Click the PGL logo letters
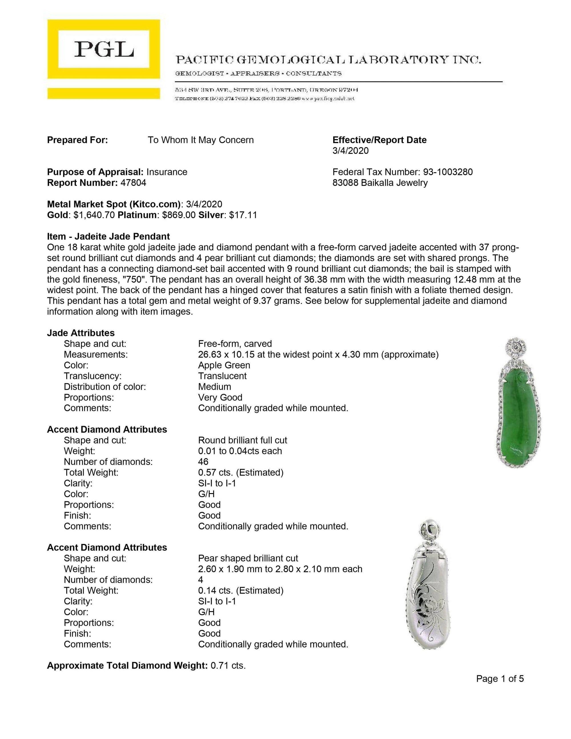click(104, 49)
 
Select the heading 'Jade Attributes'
click(81, 333)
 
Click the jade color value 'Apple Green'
click(224, 365)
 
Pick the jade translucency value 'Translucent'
click(222, 376)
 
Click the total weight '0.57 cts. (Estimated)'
click(240, 472)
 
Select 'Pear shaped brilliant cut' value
click(248, 558)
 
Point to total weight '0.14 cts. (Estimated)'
click(240, 591)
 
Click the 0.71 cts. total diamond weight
click(228, 666)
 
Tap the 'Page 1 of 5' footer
click(500, 679)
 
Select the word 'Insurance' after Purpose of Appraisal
click(167, 172)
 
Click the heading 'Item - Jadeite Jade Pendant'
click(108, 236)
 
